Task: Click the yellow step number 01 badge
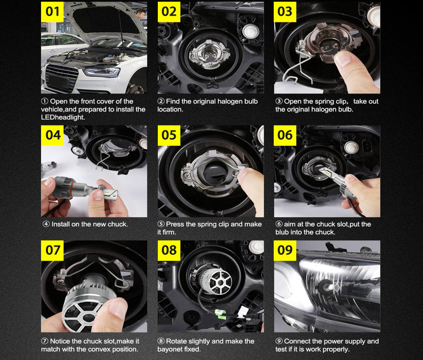pos(53,11)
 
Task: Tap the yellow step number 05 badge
pos(169,135)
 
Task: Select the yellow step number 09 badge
pos(285,250)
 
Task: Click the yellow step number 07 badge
pos(53,250)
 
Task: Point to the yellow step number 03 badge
pos(285,11)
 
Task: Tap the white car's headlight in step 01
pos(102,72)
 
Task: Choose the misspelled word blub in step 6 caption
pos(284,232)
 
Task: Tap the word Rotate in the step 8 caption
pos(176,341)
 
